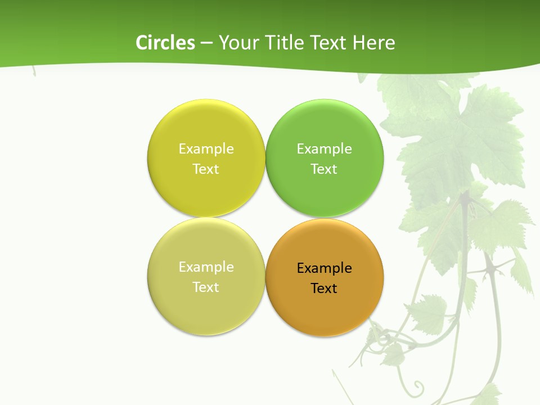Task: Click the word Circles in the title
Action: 165,43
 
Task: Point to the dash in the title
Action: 206,43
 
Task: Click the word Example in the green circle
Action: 325,149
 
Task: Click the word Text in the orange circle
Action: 324,289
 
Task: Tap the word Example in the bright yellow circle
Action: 206,149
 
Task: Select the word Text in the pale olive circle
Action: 206,287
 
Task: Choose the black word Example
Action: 325,268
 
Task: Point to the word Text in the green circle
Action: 324,169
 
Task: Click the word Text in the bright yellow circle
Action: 206,169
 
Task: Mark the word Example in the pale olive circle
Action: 206,267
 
